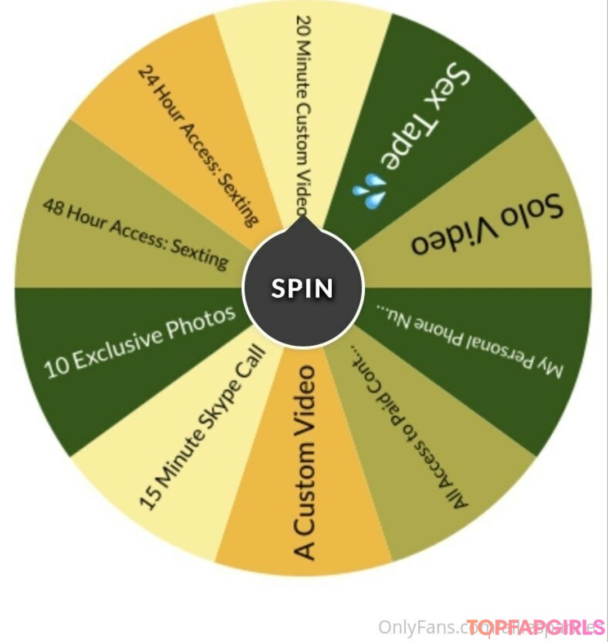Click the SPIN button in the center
(303, 288)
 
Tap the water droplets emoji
(369, 191)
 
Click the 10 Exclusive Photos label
(140, 342)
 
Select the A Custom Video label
(305, 462)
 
